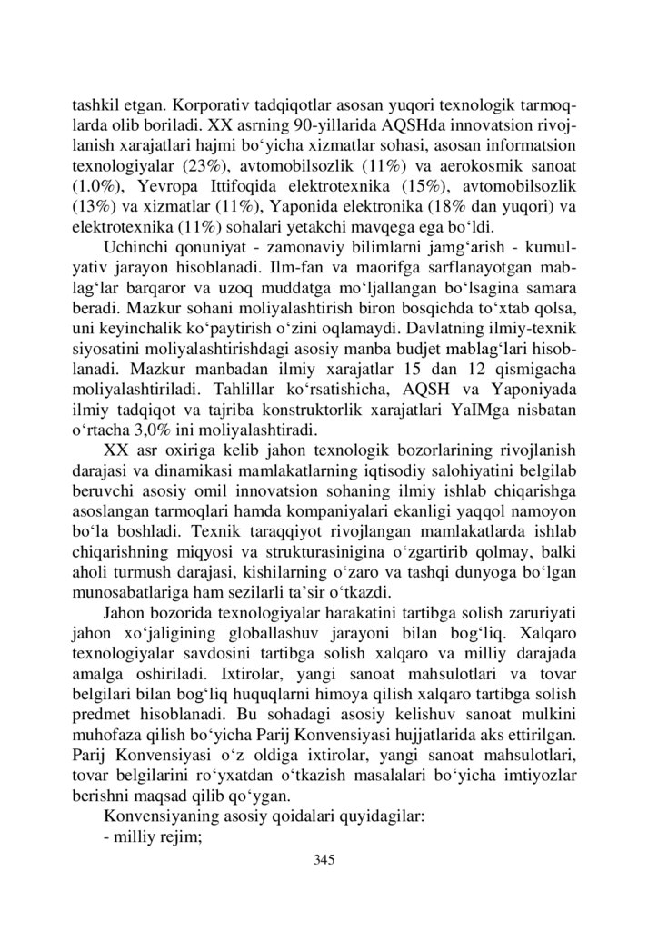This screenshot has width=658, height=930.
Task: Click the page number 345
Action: (x=324, y=859)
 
